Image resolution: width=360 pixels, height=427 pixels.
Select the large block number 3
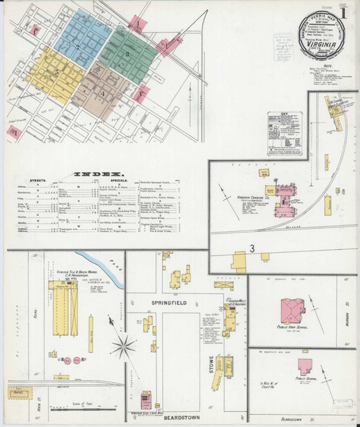click(253, 249)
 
